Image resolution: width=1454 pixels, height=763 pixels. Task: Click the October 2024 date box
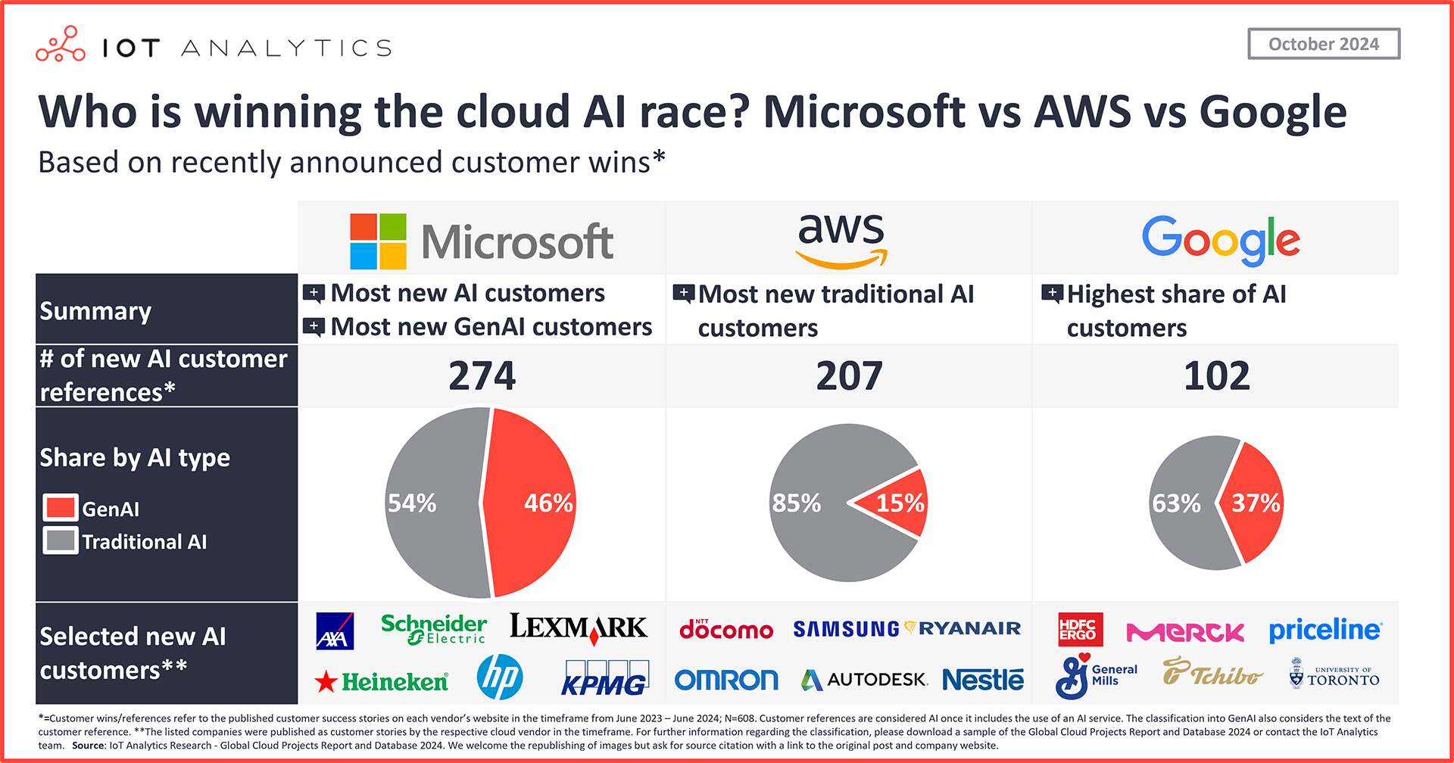[x=1323, y=44]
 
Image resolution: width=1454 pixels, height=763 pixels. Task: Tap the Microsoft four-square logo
[x=378, y=241]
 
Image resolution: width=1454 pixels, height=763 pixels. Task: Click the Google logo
[x=1220, y=240]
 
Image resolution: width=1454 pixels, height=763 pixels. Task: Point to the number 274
[x=482, y=376]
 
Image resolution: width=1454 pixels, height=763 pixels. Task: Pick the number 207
[x=849, y=376]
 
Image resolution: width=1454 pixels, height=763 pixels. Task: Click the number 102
[x=1216, y=376]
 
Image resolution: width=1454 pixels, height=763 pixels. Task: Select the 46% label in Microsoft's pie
[x=548, y=503]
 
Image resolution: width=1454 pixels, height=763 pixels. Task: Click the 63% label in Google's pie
[x=1176, y=503]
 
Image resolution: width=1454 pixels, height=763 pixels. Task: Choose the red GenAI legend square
[x=61, y=508]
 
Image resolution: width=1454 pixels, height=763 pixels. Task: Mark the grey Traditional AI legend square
[x=61, y=541]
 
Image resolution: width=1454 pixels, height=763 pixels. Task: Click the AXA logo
[x=335, y=631]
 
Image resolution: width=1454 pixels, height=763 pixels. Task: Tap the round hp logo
[x=500, y=677]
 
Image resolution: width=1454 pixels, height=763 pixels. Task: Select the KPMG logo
[x=604, y=679]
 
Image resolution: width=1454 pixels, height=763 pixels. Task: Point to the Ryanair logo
[x=963, y=628]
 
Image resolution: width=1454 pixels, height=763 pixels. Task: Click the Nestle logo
[x=982, y=680]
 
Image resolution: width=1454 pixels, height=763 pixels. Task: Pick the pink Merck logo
[x=1185, y=632]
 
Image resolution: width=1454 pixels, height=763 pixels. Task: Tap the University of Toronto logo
[x=1334, y=674]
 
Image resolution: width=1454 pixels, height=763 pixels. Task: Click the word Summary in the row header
[x=95, y=311]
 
